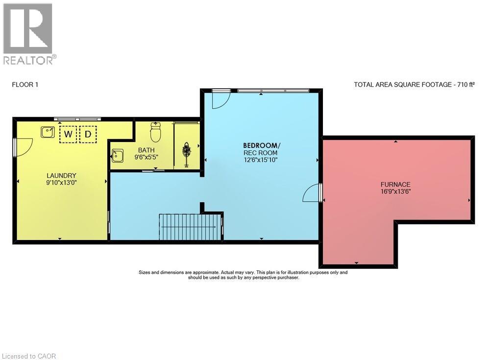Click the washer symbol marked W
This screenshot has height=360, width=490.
[68, 134]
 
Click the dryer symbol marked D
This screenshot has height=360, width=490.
[88, 134]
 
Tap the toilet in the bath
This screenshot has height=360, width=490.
[156, 132]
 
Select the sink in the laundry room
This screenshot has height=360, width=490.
[48, 132]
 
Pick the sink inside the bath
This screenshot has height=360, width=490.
[118, 156]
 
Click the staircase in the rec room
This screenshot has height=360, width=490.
[191, 227]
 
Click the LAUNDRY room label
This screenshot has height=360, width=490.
[61, 176]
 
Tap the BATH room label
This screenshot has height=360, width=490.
[146, 150]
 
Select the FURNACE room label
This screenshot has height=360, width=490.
[395, 184]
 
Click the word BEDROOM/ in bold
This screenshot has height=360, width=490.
[262, 145]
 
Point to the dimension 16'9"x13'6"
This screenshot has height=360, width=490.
[395, 191]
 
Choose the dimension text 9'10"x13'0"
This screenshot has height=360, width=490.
[61, 183]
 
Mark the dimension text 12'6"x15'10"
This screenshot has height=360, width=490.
[261, 160]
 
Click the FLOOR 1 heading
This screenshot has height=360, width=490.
[25, 84]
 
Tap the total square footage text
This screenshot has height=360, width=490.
[415, 84]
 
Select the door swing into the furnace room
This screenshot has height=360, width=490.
[311, 193]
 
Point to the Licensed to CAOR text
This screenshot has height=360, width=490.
[29, 356]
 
